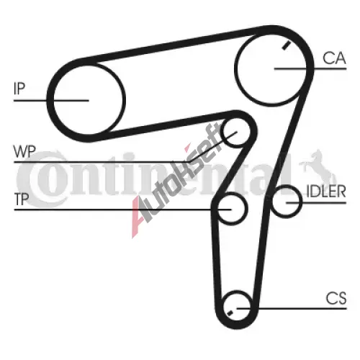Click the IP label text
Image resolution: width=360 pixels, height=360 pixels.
[x=19, y=88]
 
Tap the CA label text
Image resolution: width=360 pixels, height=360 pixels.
[x=334, y=58]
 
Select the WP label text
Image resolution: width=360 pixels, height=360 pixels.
[x=24, y=151]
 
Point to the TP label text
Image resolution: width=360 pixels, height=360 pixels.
[x=22, y=199]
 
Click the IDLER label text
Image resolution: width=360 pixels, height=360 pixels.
[x=326, y=192]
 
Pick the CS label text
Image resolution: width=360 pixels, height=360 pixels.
[x=336, y=298]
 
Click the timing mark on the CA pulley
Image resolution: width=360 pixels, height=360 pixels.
[x=286, y=45]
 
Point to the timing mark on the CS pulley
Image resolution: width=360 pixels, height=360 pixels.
[x=230, y=312]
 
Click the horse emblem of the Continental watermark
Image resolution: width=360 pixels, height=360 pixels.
[x=317, y=167]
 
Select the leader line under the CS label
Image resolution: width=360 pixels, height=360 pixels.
[x=292, y=308]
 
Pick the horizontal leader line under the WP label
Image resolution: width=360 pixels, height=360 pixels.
[x=102, y=162]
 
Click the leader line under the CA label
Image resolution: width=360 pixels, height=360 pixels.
[x=310, y=68]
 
